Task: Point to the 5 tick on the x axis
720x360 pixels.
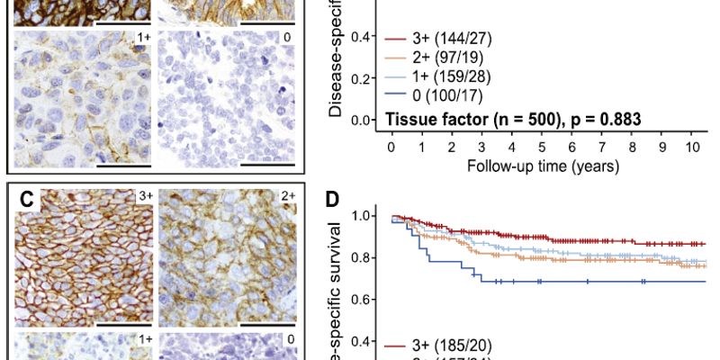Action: (541, 145)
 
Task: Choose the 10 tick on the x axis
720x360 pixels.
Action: (691, 145)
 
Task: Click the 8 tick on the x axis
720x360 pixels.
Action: (631, 145)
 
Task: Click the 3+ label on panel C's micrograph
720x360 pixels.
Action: (143, 195)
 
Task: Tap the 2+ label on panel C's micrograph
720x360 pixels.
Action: (286, 195)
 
